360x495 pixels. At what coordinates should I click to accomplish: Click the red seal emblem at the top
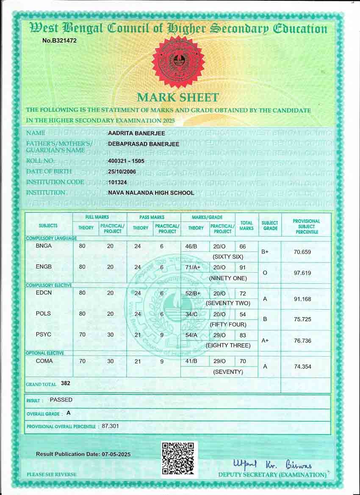[178, 62]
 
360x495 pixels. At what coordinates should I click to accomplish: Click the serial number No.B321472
[59, 40]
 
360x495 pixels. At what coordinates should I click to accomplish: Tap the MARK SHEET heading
[178, 97]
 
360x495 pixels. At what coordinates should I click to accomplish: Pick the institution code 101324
[117, 183]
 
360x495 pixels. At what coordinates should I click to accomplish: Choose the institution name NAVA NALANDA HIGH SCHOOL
[151, 193]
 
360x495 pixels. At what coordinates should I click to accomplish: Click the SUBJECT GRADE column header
[270, 226]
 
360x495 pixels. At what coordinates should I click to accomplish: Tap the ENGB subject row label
[44, 267]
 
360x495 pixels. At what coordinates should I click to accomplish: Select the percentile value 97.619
[302, 273]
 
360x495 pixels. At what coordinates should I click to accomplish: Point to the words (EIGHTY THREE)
[228, 346]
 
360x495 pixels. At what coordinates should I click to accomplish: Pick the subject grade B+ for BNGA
[265, 252]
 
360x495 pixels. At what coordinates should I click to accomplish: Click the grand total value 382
[65, 383]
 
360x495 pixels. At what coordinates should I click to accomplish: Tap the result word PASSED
[61, 400]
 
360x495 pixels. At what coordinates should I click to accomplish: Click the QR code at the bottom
[179, 459]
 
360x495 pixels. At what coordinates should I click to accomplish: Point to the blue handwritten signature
[271, 464]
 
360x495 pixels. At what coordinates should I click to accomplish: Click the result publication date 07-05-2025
[116, 454]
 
